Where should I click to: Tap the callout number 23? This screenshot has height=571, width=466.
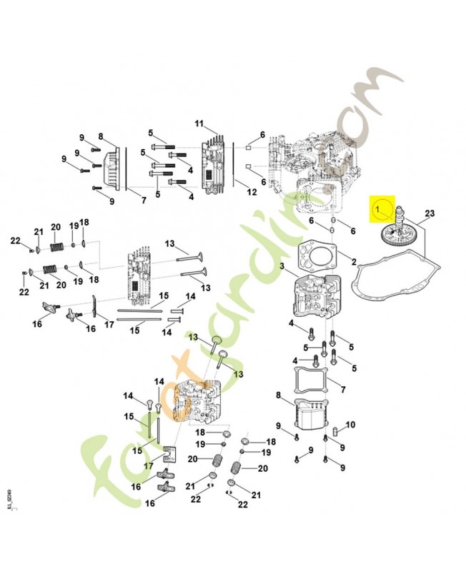coord(430,213)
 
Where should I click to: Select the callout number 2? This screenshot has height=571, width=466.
coord(353,262)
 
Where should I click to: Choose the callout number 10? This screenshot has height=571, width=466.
coord(349,425)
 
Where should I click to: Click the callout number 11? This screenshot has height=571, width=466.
coord(199,123)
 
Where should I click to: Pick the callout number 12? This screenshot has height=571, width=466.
coord(251,193)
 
